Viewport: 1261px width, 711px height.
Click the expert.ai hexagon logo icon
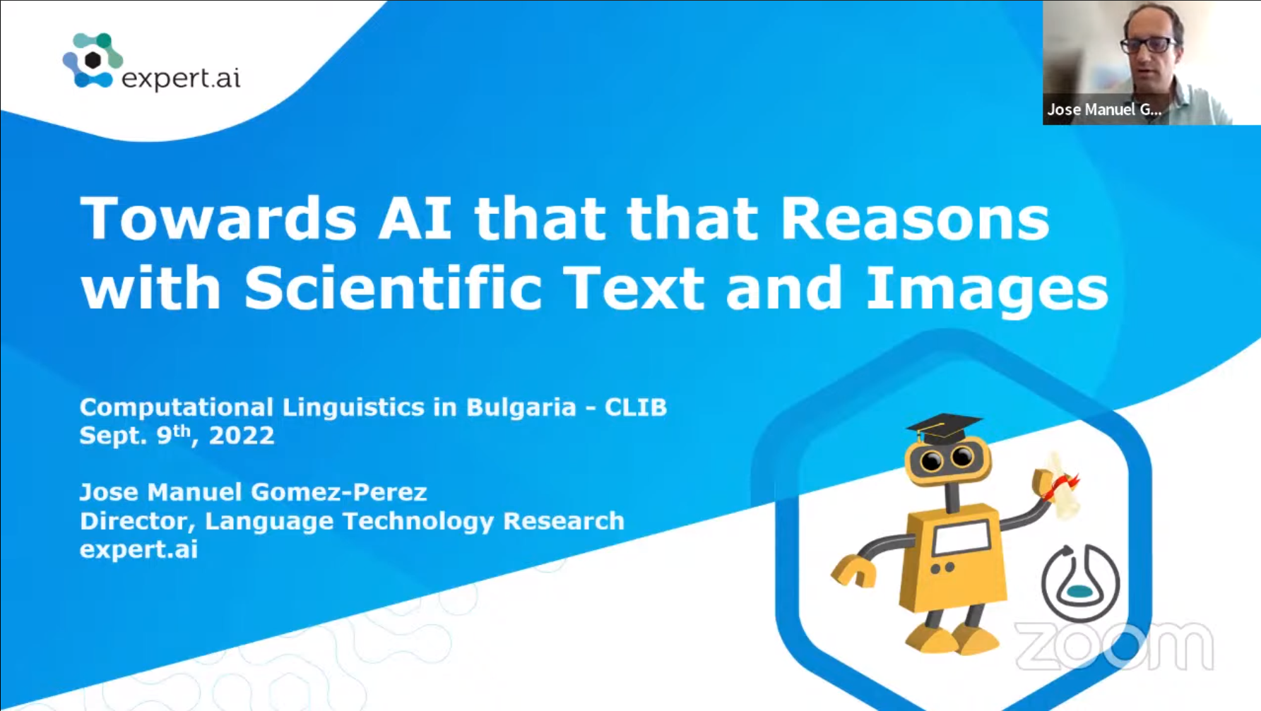tap(93, 61)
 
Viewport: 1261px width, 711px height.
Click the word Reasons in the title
tap(915, 218)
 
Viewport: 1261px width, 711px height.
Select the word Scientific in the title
tap(393, 288)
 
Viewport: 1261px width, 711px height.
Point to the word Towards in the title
tap(218, 218)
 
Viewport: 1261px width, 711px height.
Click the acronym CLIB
tap(635, 407)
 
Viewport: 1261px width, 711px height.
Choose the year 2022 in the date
tap(241, 436)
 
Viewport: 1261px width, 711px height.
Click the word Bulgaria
tap(521, 407)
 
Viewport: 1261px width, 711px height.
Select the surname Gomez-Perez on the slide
tap(339, 492)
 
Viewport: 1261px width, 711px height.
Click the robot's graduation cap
tap(944, 429)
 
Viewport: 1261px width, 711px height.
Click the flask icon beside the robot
tap(1080, 582)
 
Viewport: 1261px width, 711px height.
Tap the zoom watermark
tap(1114, 645)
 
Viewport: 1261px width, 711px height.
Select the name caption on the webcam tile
tap(1104, 109)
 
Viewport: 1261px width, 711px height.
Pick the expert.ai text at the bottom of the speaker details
tap(138, 550)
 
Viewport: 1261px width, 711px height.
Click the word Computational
tap(176, 407)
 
